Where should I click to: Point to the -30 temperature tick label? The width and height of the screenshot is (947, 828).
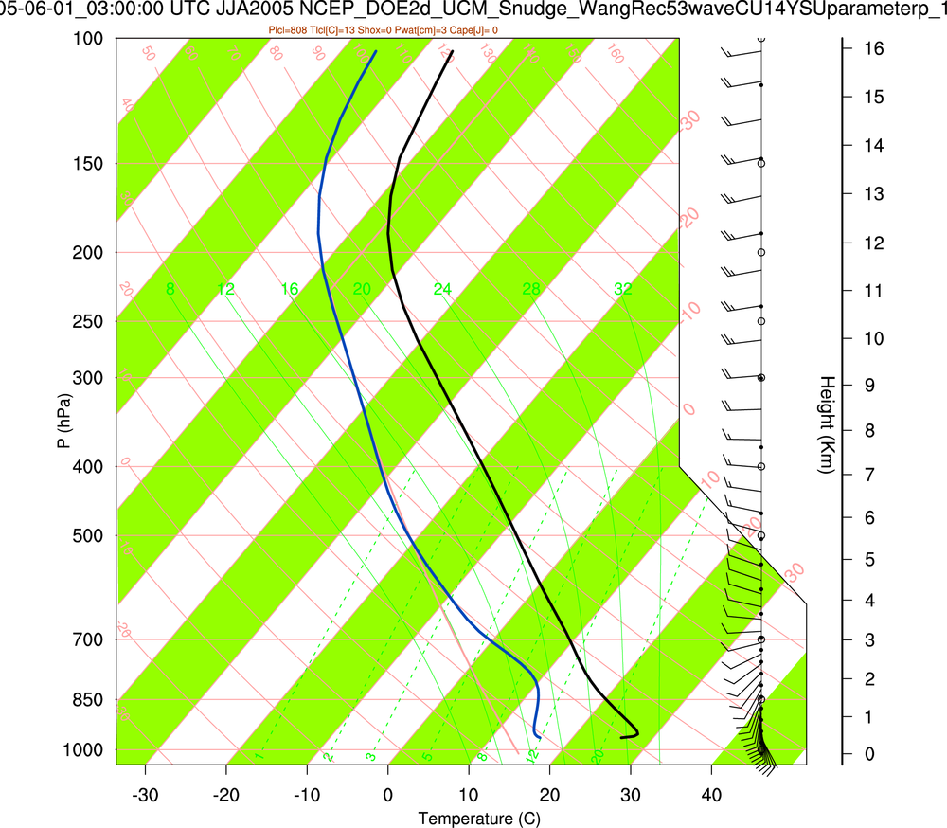tap(145, 793)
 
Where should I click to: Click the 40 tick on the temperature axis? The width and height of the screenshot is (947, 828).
tap(711, 793)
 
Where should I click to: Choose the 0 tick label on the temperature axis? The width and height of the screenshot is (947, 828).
tap(388, 793)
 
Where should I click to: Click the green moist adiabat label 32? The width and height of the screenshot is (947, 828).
tap(622, 289)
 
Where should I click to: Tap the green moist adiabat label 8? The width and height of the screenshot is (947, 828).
tap(170, 289)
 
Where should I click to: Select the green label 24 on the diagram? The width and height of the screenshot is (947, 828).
tap(442, 289)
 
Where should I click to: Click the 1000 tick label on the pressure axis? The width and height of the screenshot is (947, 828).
tap(83, 750)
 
